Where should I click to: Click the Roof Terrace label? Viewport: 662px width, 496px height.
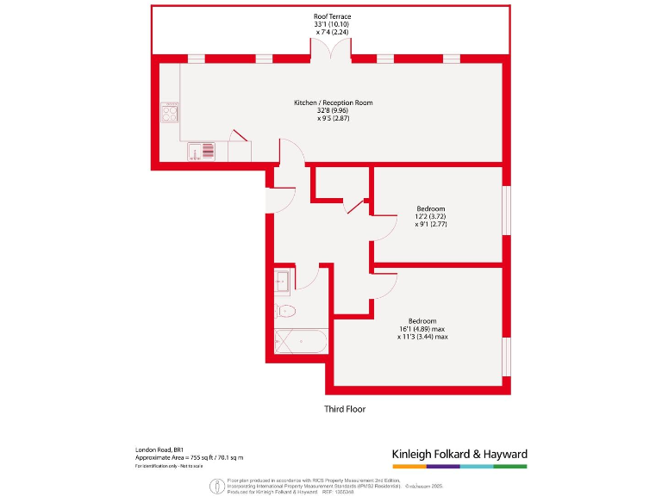click(333, 16)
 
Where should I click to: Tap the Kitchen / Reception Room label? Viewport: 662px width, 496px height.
click(333, 102)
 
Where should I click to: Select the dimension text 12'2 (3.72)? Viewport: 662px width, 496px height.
click(430, 216)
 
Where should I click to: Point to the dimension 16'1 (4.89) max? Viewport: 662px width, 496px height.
click(422, 329)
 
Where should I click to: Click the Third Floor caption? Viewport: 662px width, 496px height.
click(345, 409)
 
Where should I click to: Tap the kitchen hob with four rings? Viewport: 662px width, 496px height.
click(170, 113)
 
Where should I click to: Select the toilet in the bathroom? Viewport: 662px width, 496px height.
click(286, 311)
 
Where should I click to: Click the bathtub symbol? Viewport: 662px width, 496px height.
click(299, 342)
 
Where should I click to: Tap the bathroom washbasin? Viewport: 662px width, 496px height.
click(283, 279)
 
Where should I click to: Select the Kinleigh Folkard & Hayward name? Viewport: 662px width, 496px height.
click(459, 454)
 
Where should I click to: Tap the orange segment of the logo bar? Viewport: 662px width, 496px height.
click(409, 466)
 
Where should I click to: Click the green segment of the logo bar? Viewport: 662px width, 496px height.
click(510, 466)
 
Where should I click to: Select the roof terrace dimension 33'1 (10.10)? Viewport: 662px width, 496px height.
click(332, 24)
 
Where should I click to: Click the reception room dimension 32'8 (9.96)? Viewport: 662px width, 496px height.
click(333, 110)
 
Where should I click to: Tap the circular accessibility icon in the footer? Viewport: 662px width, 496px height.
click(216, 486)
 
